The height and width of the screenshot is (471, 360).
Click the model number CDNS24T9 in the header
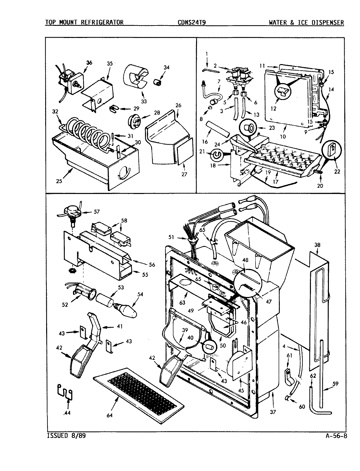[x=192, y=22]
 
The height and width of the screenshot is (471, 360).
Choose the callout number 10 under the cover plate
[x=282, y=136]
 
